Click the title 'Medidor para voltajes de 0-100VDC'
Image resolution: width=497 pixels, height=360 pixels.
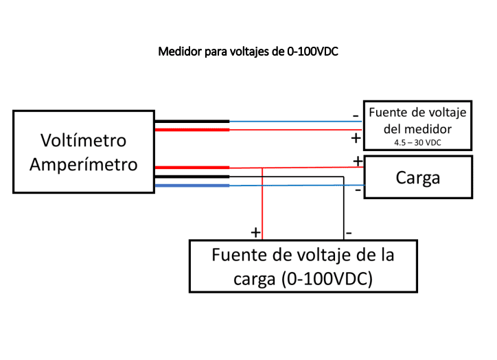coord(248,52)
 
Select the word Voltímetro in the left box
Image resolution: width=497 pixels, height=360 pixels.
coord(83,141)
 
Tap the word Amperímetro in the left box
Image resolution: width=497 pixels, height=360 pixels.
coord(83,165)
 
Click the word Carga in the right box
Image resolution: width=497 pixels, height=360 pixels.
coord(417,177)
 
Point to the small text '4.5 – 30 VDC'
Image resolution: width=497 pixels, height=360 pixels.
coord(417,142)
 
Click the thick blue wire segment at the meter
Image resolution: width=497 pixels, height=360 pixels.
coord(192,185)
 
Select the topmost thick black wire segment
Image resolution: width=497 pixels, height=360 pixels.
coord(192,122)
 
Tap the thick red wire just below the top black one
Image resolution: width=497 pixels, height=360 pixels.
coord(192,129)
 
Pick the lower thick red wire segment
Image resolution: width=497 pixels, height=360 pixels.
coord(192,167)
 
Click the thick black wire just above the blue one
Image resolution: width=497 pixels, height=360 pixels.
coord(192,177)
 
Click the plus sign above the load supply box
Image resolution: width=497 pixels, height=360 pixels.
coord(255,232)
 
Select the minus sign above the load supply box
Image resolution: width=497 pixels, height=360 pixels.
coord(349,232)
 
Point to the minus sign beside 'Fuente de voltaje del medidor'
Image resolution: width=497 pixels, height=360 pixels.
coord(355,116)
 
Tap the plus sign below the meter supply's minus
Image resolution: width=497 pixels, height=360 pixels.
coord(356,137)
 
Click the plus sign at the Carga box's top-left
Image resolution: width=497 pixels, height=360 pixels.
coord(358,161)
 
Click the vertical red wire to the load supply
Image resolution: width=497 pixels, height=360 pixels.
coord(262,206)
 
